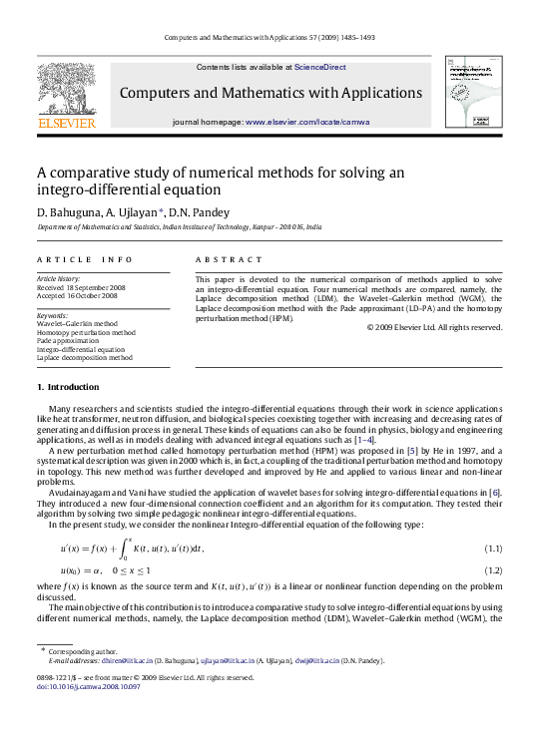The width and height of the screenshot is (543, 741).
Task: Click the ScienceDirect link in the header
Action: click(319, 67)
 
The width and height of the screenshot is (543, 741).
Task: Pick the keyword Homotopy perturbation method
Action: click(86, 333)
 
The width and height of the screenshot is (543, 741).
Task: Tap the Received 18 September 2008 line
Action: click(79, 287)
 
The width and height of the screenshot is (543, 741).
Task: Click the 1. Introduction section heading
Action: click(68, 387)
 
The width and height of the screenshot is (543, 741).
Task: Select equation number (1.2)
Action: click(492, 569)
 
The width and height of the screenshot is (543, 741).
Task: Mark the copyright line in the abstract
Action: click(434, 327)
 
